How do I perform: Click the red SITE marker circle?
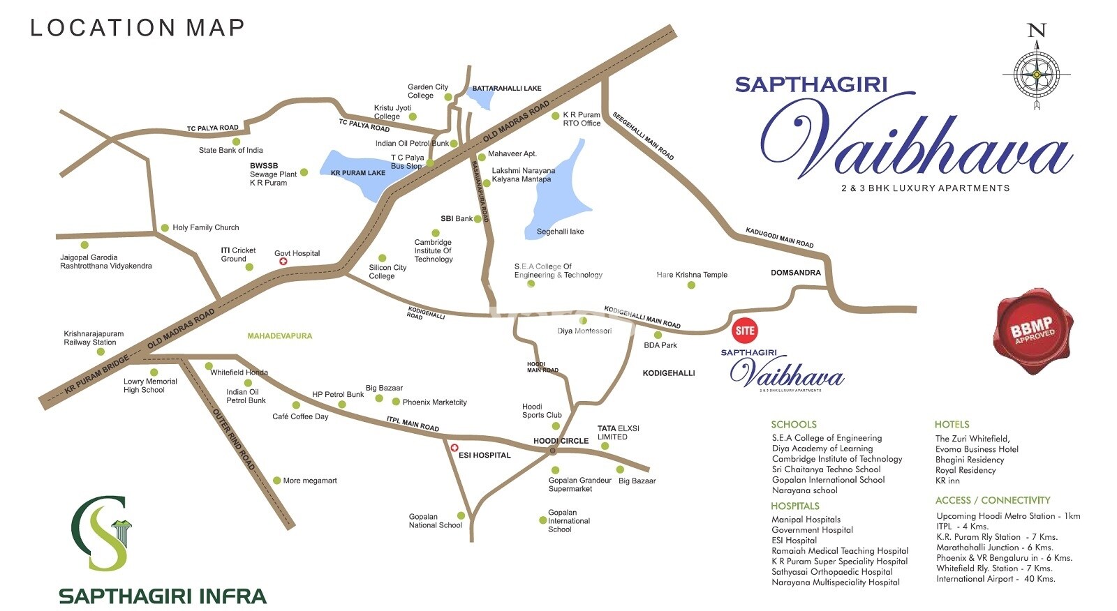tap(744, 331)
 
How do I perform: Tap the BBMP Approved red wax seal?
tap(1033, 330)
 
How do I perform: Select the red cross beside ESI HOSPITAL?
tap(454, 448)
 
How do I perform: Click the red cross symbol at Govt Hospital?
tap(283, 262)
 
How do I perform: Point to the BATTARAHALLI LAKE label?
tap(507, 89)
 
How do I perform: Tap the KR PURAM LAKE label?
tap(357, 173)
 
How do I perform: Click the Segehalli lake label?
tap(560, 232)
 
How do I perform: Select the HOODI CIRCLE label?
tap(561, 441)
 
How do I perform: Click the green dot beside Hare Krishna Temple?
tap(691, 285)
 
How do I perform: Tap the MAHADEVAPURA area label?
tap(279, 336)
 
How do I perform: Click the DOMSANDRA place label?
tap(795, 273)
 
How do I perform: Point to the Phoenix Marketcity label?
tap(434, 402)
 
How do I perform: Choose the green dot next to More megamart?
tap(276, 481)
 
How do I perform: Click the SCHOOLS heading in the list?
tap(793, 424)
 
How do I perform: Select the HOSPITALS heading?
tap(794, 506)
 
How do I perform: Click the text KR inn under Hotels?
tap(947, 481)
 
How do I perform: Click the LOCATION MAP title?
tap(138, 28)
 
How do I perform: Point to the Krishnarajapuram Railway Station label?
tap(94, 338)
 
